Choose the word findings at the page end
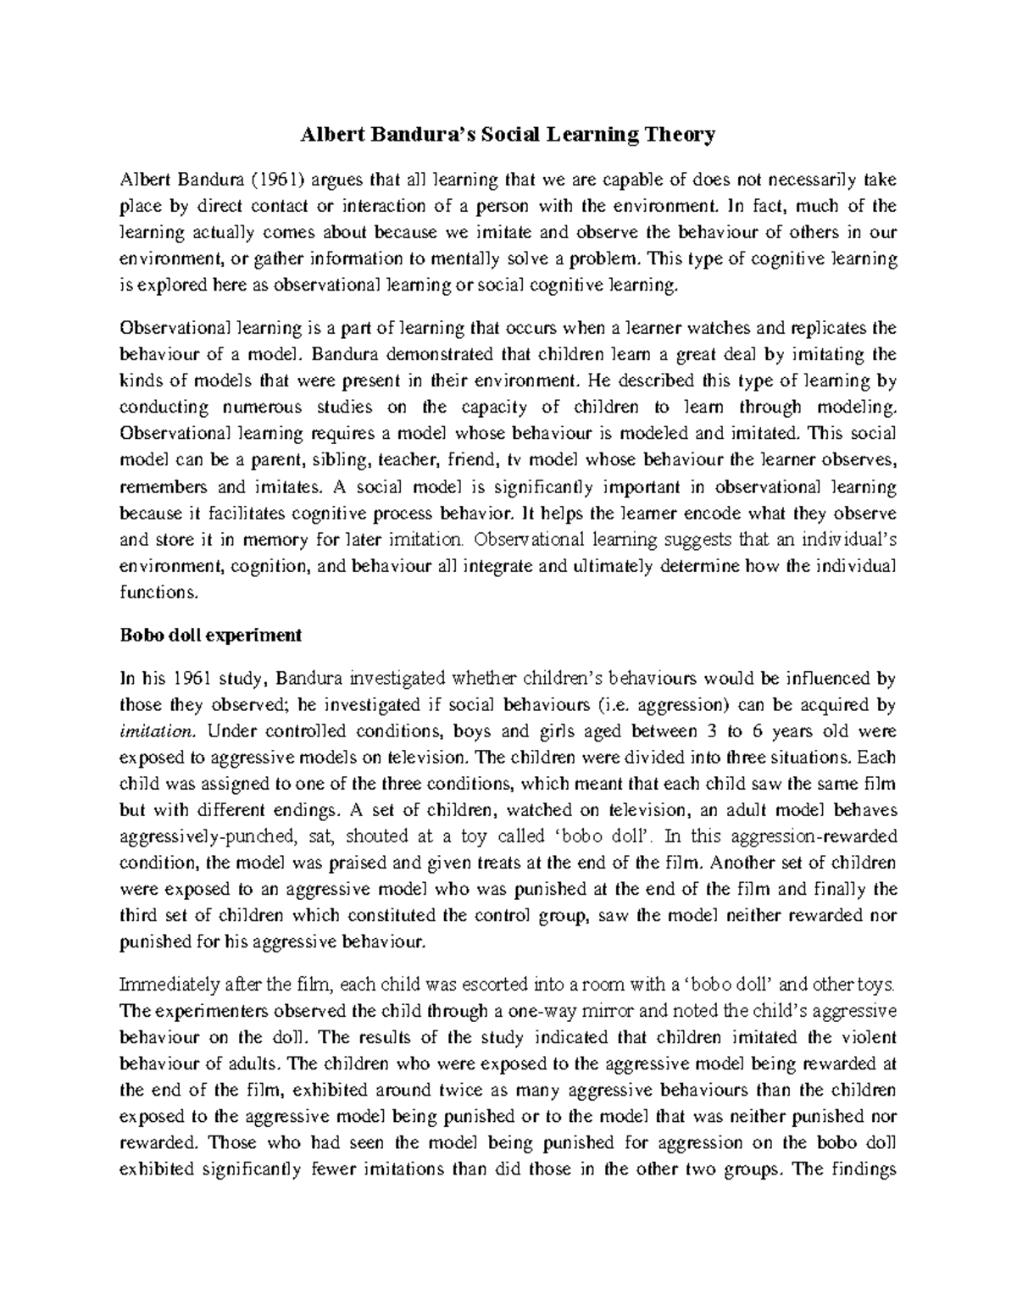[864, 1169]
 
